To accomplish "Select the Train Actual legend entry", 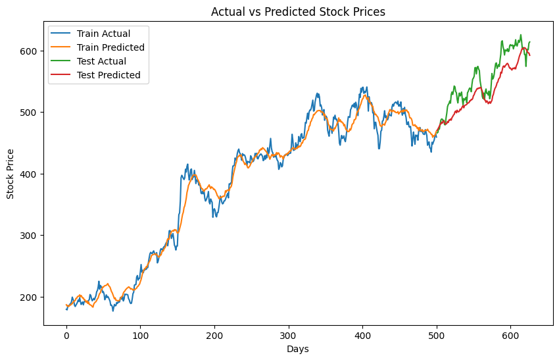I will [x=103, y=34].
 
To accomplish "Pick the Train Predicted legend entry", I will [x=110, y=47].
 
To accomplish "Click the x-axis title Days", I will [x=298, y=349].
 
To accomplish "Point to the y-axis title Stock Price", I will [x=11, y=174].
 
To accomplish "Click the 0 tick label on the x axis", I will [x=66, y=336].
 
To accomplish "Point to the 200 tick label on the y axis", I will [x=30, y=297].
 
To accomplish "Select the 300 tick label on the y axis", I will [x=30, y=236].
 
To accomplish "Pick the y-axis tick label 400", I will [x=30, y=174].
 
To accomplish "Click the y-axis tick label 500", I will [x=30, y=113].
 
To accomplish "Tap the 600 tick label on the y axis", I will [x=30, y=51].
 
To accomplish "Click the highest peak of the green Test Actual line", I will [x=521, y=36].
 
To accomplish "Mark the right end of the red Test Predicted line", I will [x=530, y=55].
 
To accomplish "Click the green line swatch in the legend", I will [x=62, y=61].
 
